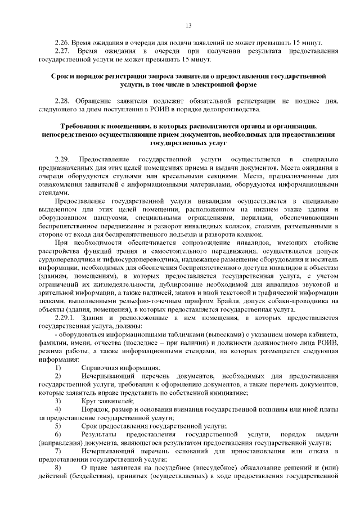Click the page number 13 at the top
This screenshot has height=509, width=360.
click(188, 25)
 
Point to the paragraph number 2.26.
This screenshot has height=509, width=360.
click(62, 43)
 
